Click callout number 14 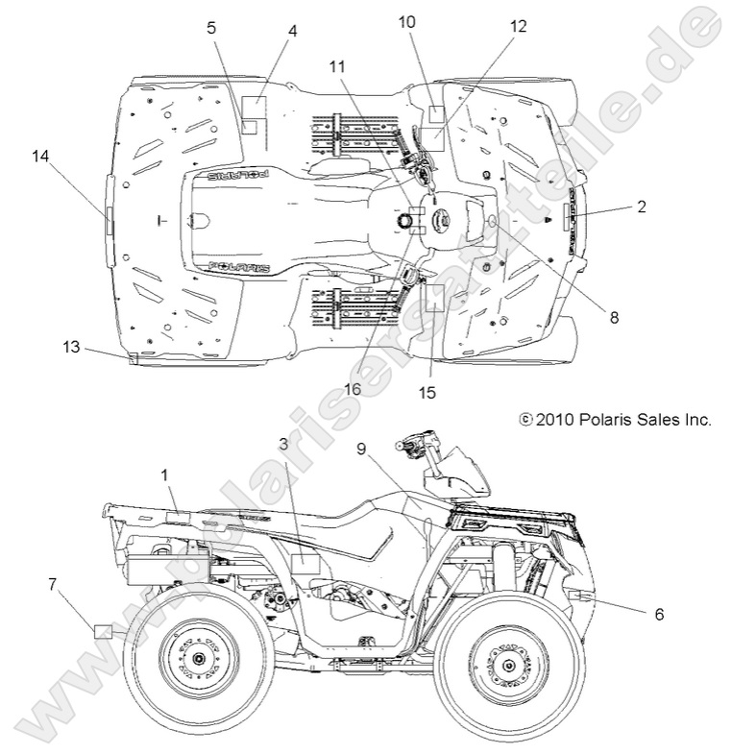click(39, 156)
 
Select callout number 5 click(211, 28)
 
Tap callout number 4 click(292, 31)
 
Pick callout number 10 click(406, 21)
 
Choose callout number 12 click(518, 27)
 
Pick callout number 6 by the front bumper click(658, 613)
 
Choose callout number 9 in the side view click(361, 449)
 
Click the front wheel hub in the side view click(506, 657)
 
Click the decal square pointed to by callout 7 click(105, 630)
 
